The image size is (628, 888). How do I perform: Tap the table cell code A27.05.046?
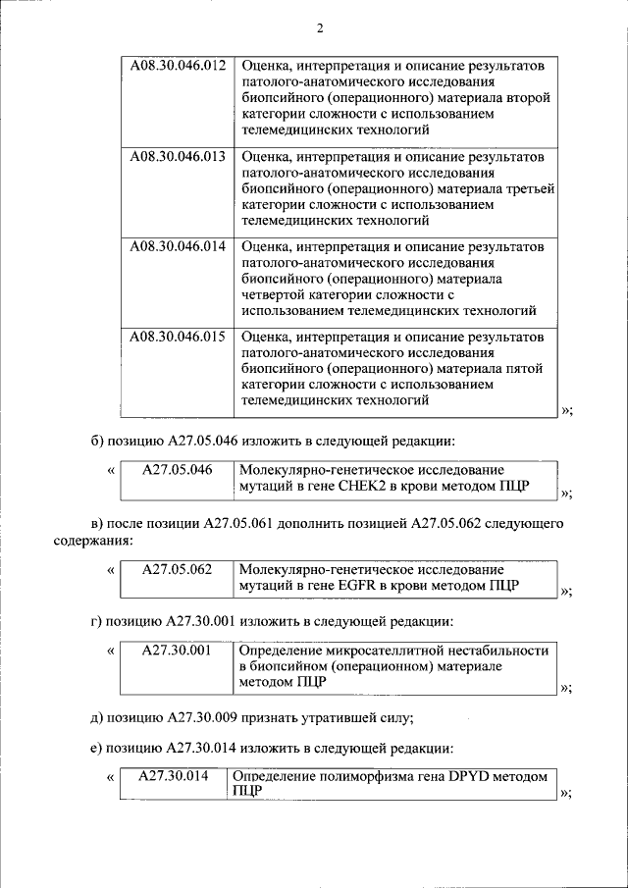[177, 470]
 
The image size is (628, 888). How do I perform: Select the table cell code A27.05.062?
[177, 570]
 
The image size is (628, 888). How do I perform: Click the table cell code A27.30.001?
[177, 651]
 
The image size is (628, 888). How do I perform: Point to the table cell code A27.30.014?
[174, 776]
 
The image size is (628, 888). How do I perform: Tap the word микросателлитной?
[382, 651]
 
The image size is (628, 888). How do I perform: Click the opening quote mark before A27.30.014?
[110, 777]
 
